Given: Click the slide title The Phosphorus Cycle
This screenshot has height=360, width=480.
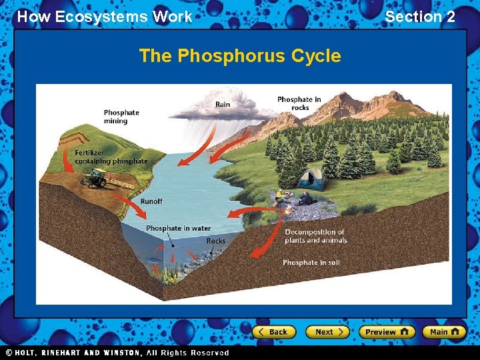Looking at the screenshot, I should tap(239, 56).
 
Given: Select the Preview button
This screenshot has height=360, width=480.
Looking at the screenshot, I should tap(387, 331).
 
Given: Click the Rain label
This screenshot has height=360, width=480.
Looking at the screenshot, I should tap(223, 104).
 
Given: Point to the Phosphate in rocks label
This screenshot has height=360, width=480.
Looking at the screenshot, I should tap(299, 103).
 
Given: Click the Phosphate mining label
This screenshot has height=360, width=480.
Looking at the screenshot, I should tap(121, 117).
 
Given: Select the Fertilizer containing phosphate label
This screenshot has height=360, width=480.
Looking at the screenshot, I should tap(111, 157).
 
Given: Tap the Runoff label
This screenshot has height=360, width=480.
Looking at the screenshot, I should tap(151, 201).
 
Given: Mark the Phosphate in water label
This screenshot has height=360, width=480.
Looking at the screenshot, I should tap(178, 228).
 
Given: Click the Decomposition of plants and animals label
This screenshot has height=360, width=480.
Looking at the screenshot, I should tap(315, 236).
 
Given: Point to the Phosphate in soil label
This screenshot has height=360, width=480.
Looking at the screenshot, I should tap(311, 263).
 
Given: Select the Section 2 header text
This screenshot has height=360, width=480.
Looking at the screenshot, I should tap(420, 17).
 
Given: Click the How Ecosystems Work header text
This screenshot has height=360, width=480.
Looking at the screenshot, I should tap(105, 17).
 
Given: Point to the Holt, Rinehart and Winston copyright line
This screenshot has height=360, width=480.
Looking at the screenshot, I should tap(117, 353).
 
